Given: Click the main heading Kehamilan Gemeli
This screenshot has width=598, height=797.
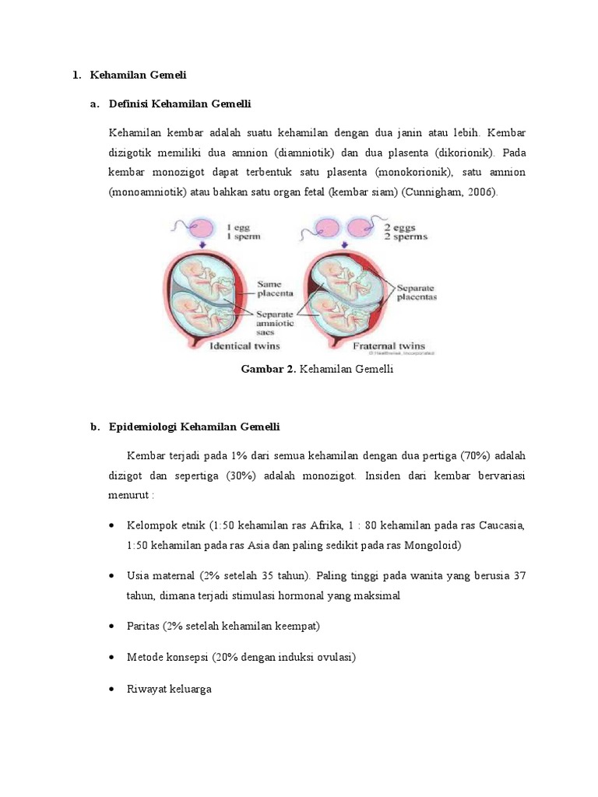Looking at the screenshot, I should click(139, 75).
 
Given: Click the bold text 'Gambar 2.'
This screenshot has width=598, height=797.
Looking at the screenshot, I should click(269, 370).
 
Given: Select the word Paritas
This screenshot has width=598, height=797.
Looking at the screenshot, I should click(143, 626).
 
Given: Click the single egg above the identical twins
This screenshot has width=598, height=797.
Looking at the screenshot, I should click(202, 229).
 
